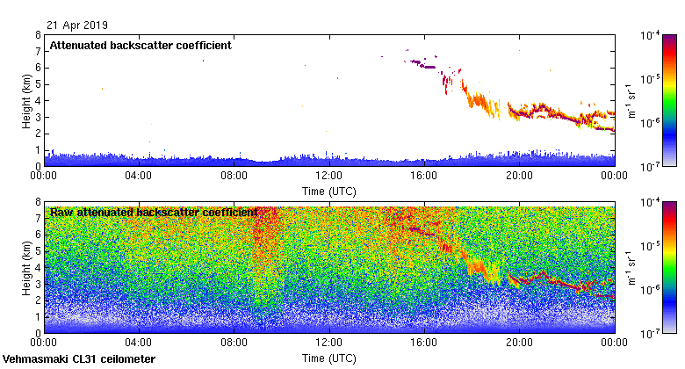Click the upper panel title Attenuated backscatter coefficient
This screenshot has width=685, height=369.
[141, 46]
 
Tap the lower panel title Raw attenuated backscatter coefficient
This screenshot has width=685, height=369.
[154, 213]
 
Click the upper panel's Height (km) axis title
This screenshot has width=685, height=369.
[27, 100]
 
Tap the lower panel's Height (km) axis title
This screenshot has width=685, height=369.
[27, 267]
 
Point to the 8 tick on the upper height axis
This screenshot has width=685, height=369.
[37, 35]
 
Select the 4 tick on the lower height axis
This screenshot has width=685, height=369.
[37, 267]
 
